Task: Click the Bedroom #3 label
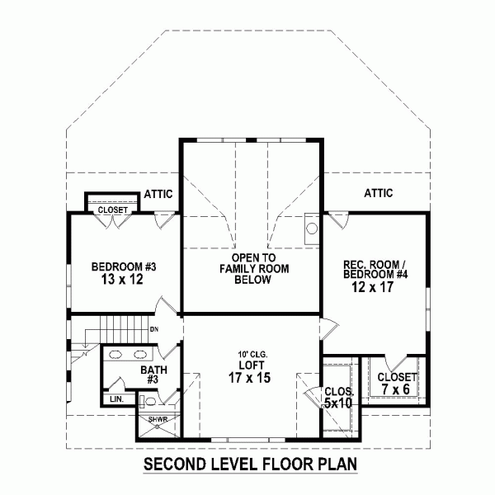tap(124, 267)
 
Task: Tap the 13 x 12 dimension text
tap(122, 280)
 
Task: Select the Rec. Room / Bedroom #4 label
tap(375, 269)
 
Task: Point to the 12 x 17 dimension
tap(373, 287)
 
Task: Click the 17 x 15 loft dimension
tap(249, 378)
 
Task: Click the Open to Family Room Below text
tap(254, 269)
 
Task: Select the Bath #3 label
tap(153, 375)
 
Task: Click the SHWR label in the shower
tap(158, 420)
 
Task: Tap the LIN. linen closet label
tap(116, 399)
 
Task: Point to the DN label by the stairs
tap(154, 329)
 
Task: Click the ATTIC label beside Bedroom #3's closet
tap(158, 194)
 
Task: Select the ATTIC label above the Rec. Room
tap(378, 193)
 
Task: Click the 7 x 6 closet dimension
tap(395, 389)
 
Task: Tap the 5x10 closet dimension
tap(337, 403)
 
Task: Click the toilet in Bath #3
tap(147, 401)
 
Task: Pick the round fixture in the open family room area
tap(312, 229)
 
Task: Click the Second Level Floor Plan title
tap(250, 464)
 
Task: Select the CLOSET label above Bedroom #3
tap(113, 210)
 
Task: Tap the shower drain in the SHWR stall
tap(158, 427)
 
